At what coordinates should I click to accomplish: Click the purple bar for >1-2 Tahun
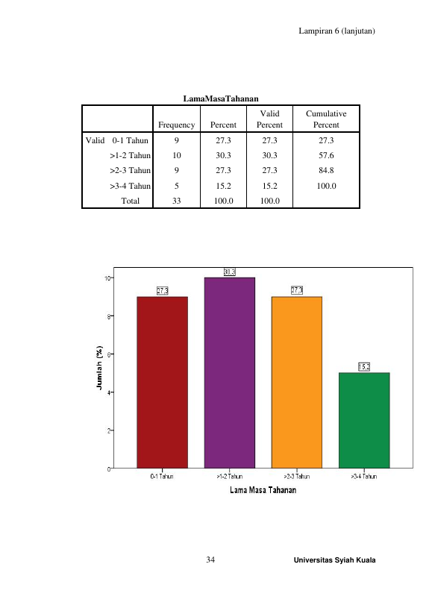(230, 373)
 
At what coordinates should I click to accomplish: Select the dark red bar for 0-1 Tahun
(162, 382)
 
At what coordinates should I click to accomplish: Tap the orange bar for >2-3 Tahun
(297, 382)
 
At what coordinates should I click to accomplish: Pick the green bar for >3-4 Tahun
(364, 421)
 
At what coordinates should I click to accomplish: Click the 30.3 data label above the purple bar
(230, 272)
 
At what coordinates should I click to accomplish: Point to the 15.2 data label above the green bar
(364, 367)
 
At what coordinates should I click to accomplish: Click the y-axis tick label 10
(107, 278)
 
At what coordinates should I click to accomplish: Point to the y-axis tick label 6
(109, 354)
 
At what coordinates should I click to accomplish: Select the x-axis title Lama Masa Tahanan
(263, 490)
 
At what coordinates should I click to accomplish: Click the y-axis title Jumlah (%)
(99, 368)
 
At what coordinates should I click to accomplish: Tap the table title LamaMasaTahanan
(221, 98)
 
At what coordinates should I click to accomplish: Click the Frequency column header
(177, 125)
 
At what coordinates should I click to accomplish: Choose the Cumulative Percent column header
(326, 119)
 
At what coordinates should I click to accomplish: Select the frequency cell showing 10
(177, 155)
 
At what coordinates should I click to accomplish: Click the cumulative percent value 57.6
(326, 155)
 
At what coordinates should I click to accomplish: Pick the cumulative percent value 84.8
(326, 170)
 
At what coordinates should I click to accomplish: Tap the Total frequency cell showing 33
(177, 201)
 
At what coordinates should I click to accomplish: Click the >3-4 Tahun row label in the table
(130, 186)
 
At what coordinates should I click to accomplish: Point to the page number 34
(210, 560)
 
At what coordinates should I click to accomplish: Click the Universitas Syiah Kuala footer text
(334, 560)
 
